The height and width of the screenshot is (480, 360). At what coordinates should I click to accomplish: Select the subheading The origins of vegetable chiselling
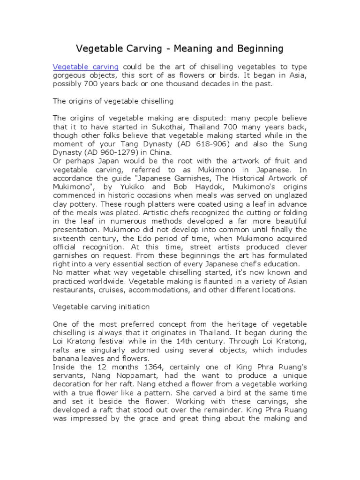[x=113, y=101]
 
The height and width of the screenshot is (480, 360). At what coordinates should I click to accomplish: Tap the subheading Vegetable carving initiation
[x=101, y=307]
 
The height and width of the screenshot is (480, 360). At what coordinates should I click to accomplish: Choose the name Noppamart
[x=112, y=376]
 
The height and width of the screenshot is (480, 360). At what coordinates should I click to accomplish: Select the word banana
[x=67, y=359]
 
